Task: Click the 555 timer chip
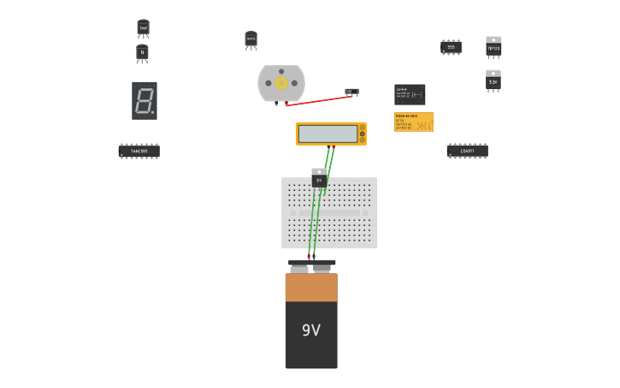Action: pyautogui.click(x=451, y=47)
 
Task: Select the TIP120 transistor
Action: pyautogui.click(x=493, y=48)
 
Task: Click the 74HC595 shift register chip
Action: pyautogui.click(x=139, y=151)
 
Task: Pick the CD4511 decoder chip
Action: pyautogui.click(x=467, y=151)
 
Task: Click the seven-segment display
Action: pyautogui.click(x=144, y=100)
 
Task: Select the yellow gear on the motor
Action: pyautogui.click(x=281, y=83)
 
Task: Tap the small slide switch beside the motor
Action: pyautogui.click(x=351, y=91)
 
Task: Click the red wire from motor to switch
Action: pyautogui.click(x=316, y=100)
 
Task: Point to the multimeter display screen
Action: pyautogui.click(x=327, y=134)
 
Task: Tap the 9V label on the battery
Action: pyautogui.click(x=311, y=330)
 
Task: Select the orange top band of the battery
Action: pyautogui.click(x=311, y=287)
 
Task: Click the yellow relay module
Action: pyautogui.click(x=414, y=122)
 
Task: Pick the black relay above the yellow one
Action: pyautogui.click(x=410, y=94)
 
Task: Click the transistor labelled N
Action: pyautogui.click(x=142, y=53)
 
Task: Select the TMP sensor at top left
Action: pyautogui.click(x=143, y=28)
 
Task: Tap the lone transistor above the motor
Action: pyautogui.click(x=251, y=39)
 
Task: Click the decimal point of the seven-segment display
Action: pyautogui.click(x=153, y=112)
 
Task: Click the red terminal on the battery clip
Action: pyautogui.click(x=309, y=256)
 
